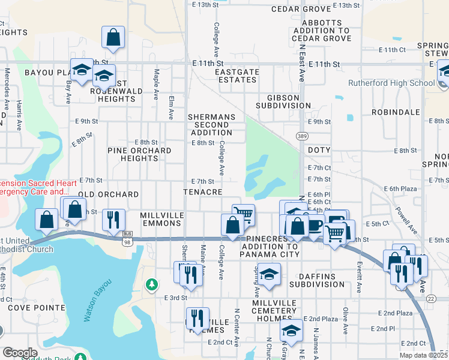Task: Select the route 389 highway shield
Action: (x=300, y=137)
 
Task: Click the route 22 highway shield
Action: (x=431, y=299)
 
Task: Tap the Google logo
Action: (x=20, y=353)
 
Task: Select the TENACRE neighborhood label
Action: (x=204, y=192)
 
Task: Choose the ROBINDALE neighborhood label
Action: (x=395, y=112)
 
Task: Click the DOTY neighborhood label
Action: (x=319, y=150)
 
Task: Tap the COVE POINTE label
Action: (x=37, y=308)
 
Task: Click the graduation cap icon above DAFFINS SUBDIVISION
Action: (x=271, y=273)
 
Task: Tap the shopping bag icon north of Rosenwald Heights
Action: (x=113, y=37)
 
